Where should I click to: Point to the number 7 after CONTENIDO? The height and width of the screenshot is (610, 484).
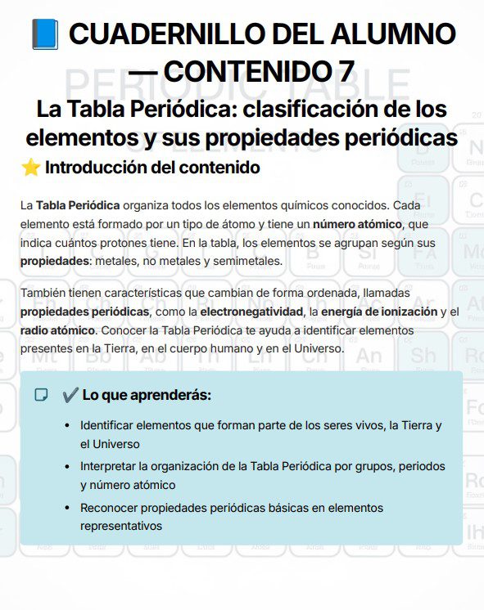click(346, 71)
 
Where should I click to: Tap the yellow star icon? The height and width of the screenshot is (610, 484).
click(30, 168)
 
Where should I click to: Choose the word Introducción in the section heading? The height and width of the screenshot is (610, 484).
click(92, 168)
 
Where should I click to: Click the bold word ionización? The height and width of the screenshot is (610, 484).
click(402, 312)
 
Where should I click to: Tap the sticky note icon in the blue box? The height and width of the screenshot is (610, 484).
click(40, 395)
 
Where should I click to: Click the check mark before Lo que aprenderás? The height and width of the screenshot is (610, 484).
click(69, 395)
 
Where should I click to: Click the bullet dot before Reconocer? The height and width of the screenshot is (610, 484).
click(66, 508)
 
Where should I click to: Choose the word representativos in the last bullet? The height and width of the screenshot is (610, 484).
click(120, 526)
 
